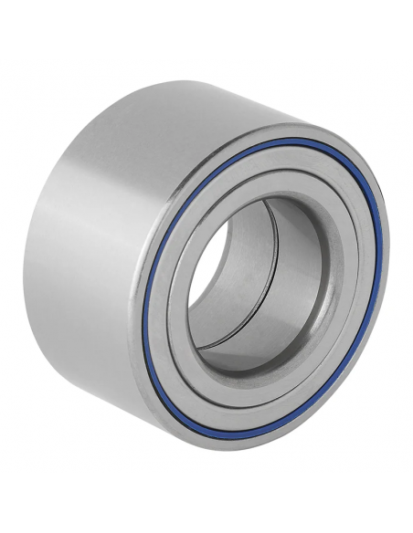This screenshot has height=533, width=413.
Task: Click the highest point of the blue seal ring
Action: [x=291, y=140]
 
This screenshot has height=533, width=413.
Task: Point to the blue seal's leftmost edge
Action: [x=150, y=301]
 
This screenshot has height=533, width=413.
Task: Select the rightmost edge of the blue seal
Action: [x=379, y=246]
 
